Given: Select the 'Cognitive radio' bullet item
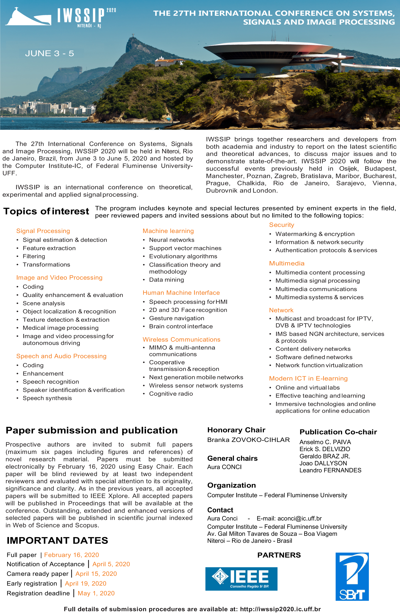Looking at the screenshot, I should click(171, 394).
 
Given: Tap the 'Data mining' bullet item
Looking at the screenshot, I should click(166, 280).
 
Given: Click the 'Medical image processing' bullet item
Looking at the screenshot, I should click(61, 328).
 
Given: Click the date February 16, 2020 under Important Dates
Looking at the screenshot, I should click(72, 555).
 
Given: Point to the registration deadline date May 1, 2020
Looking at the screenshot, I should click(96, 593).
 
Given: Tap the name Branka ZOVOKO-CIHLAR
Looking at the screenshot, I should click(248, 440).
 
